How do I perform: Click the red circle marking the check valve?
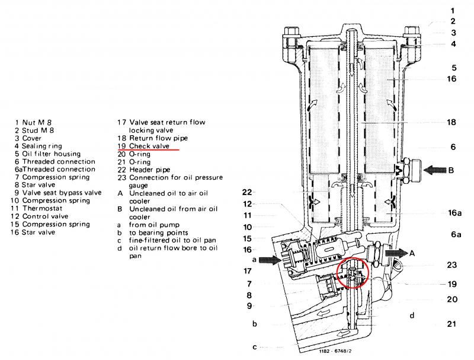pos(353,275)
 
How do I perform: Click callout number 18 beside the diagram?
pos(451,122)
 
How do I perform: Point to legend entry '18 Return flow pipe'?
pos(152,138)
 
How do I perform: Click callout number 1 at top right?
pos(452,11)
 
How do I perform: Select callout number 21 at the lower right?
pos(452,324)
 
